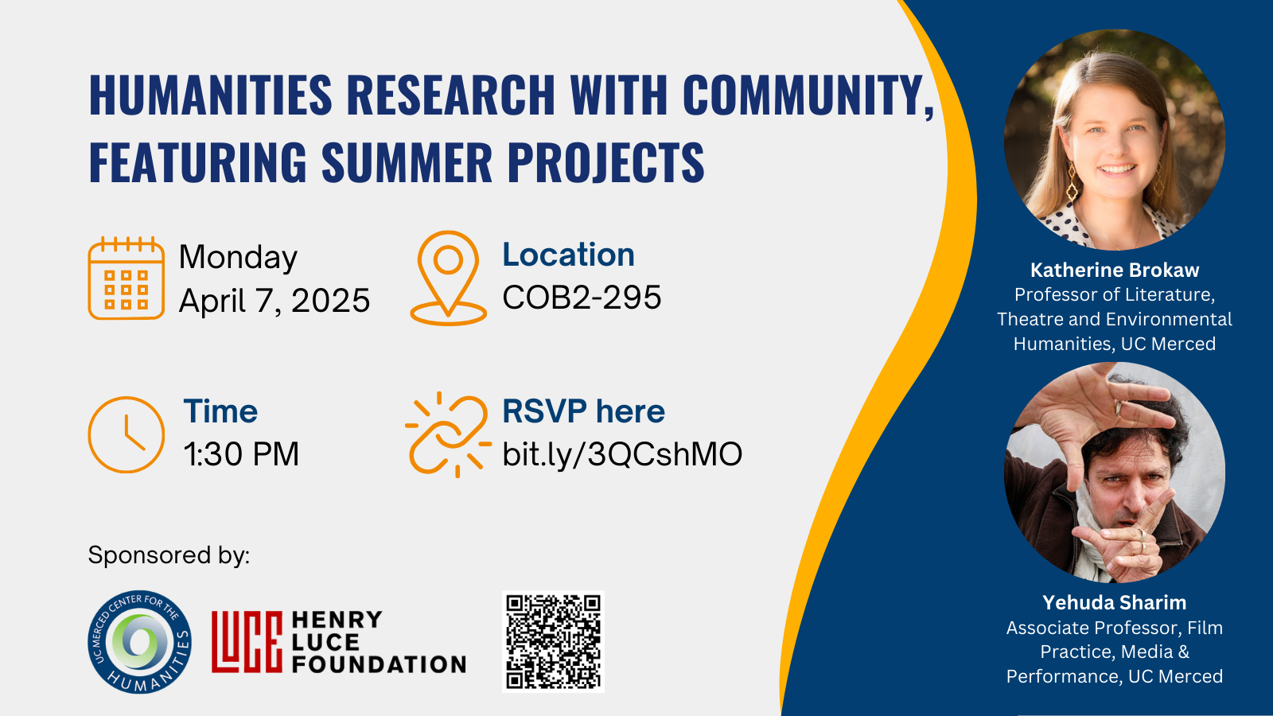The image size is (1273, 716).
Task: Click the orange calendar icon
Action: point(127,278)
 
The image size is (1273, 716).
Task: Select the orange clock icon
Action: point(127,434)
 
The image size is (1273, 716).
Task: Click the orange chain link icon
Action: point(448,434)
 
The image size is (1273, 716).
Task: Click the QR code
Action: point(553,641)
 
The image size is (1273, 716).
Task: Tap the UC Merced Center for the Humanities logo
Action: point(140,641)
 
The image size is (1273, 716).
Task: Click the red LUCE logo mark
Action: point(247,642)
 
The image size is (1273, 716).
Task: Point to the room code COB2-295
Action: point(582,298)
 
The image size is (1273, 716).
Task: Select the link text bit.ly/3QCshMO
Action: point(622,454)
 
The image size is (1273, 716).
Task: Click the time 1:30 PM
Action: point(241,454)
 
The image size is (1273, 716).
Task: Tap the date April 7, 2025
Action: point(274,301)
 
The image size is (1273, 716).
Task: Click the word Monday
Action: point(238,258)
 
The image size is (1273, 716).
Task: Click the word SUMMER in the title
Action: point(407,162)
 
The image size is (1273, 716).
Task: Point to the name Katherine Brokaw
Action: point(1115,270)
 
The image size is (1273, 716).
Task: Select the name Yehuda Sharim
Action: point(1115,602)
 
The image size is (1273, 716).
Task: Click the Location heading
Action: point(568,254)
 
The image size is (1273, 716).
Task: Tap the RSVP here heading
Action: point(584,411)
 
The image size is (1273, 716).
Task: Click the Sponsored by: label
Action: point(169,555)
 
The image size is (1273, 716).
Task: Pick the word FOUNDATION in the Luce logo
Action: point(379,664)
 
